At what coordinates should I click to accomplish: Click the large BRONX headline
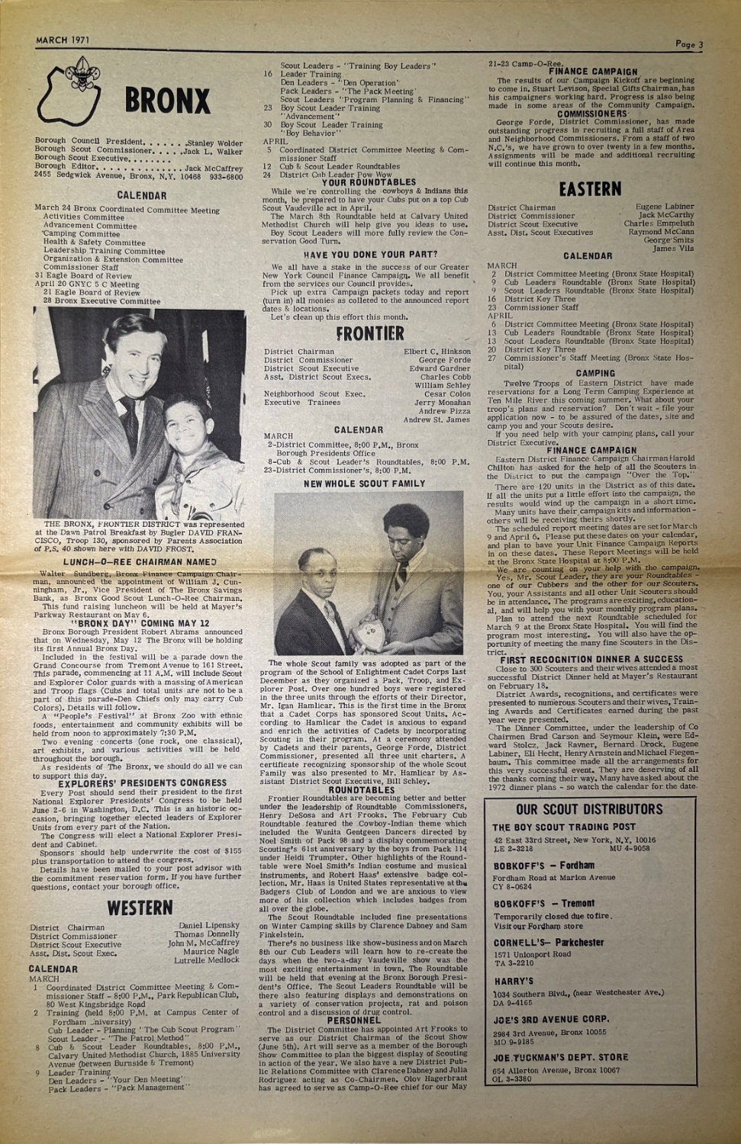click(x=166, y=101)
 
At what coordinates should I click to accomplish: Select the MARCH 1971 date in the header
click(x=63, y=40)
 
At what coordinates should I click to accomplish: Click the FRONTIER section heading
click(x=370, y=333)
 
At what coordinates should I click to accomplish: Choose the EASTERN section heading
click(x=590, y=188)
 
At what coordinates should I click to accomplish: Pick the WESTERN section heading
click(x=140, y=908)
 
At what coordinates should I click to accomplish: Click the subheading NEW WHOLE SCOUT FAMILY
click(x=365, y=484)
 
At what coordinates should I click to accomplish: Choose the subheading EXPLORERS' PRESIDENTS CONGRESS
click(x=143, y=782)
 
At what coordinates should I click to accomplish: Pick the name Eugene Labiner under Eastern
click(x=665, y=207)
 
